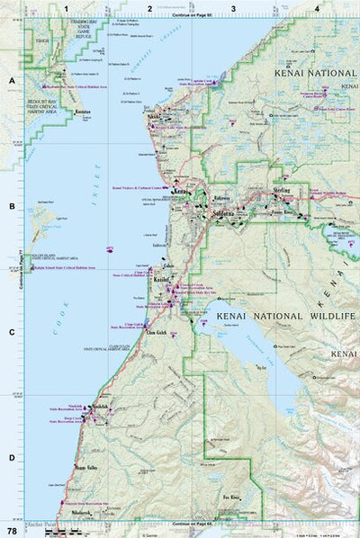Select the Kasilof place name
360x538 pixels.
[x=163, y=281]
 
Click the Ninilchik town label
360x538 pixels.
[x=100, y=407]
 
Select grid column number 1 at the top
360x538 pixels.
[x=67, y=8]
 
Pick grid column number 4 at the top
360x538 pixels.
[x=316, y=8]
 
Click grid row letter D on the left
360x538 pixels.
[x=11, y=457]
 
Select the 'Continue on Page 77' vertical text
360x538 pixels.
[x=20, y=270]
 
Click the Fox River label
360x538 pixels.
[x=230, y=496]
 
